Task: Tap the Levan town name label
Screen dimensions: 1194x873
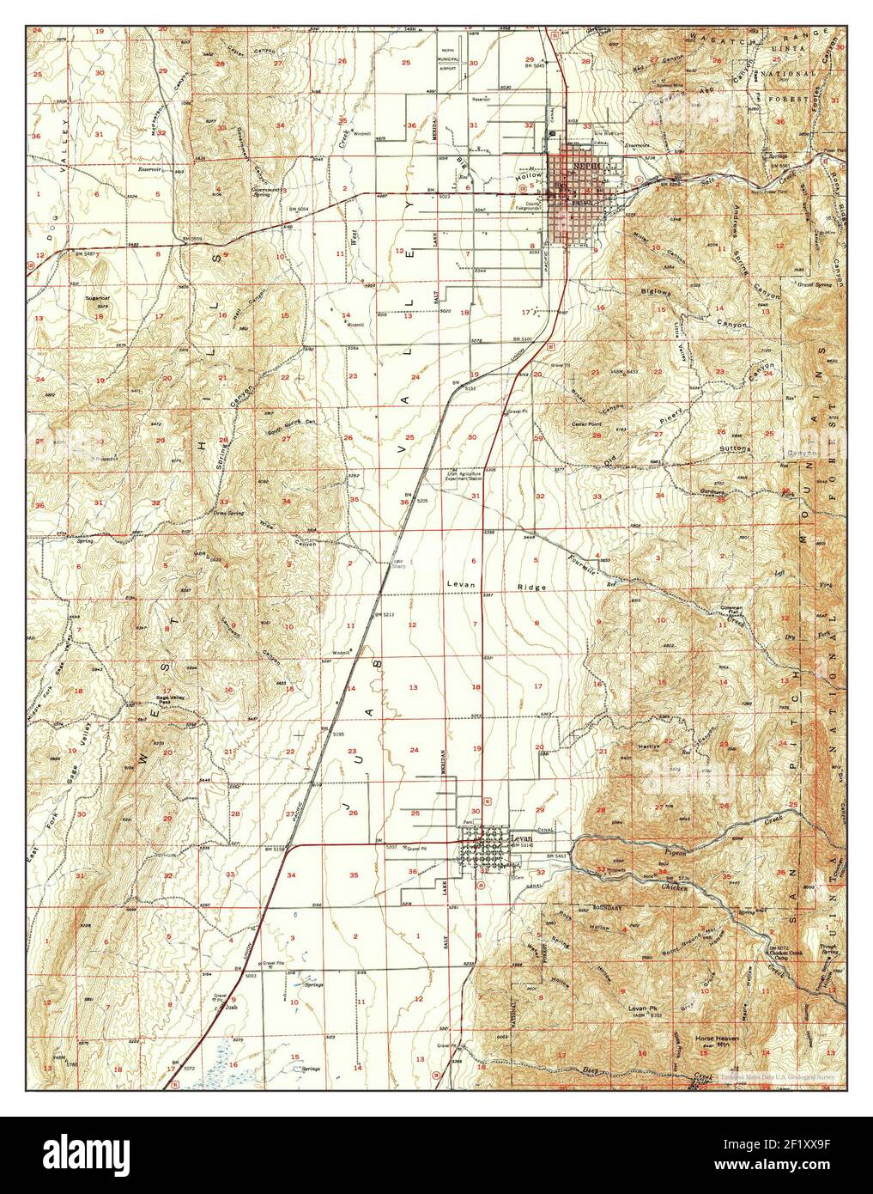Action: point(522,837)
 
